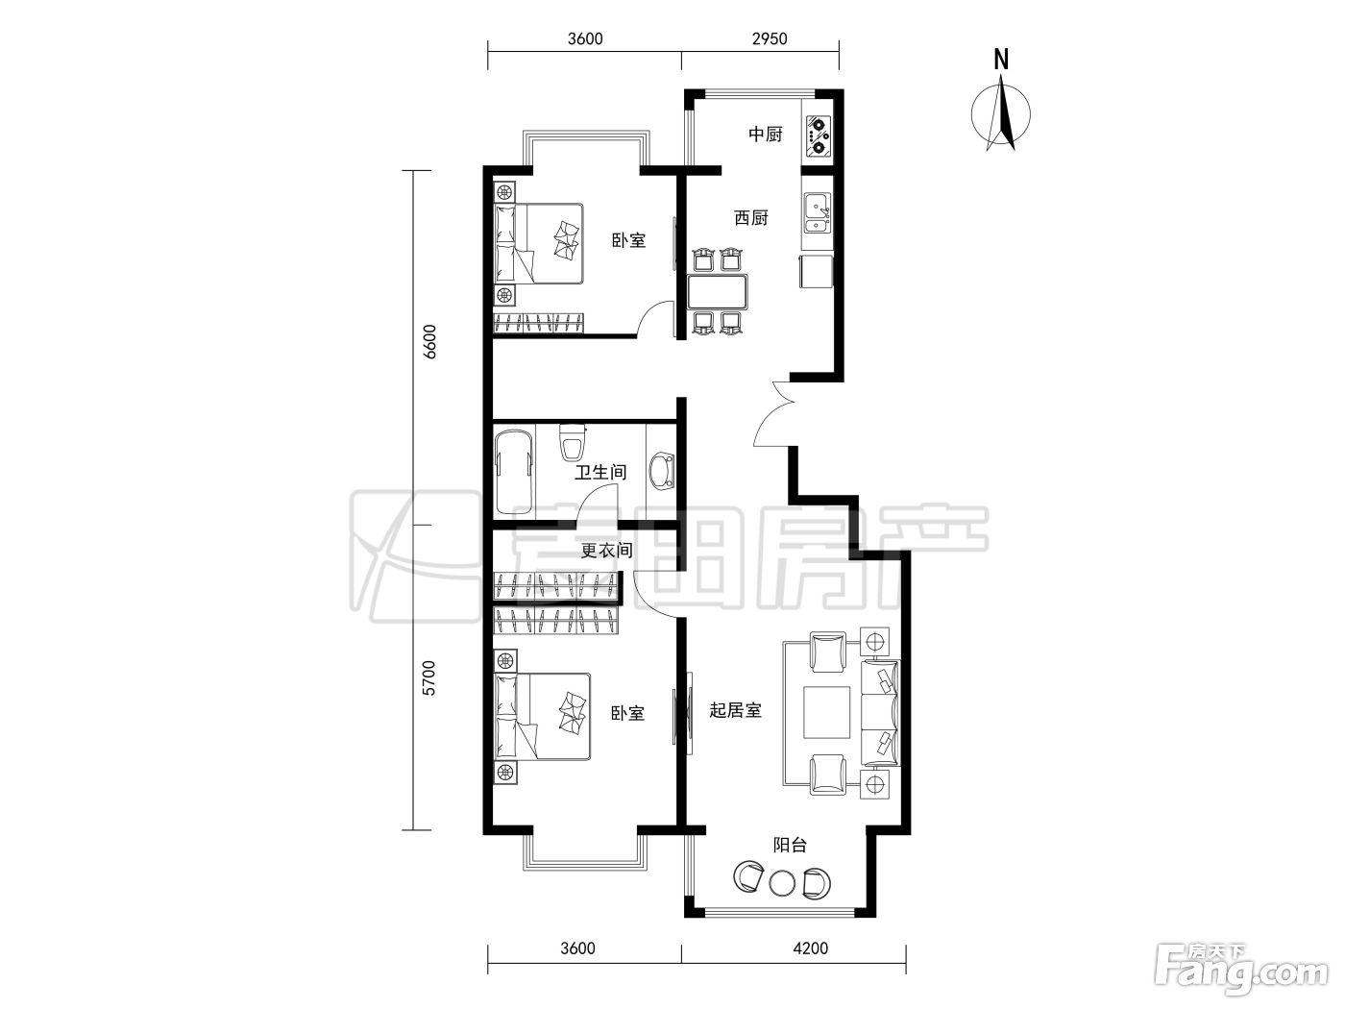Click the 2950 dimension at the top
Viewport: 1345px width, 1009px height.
pos(769,38)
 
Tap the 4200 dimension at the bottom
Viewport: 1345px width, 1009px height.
pos(810,947)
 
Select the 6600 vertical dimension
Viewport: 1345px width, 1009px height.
pos(430,341)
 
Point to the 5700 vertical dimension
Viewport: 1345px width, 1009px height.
pos(429,677)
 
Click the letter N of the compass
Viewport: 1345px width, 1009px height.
pos(1001,60)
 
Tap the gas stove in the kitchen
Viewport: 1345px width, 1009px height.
pos(818,138)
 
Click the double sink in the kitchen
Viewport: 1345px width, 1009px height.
pos(818,212)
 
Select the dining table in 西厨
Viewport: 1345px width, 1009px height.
pos(718,292)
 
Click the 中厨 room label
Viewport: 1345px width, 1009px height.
pos(766,134)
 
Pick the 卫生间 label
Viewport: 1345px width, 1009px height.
pos(600,473)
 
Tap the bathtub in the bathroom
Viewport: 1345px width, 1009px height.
pos(514,473)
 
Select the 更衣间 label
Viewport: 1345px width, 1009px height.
pos(606,550)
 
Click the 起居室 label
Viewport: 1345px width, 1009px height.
pos(735,710)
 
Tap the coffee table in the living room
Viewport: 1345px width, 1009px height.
pos(826,713)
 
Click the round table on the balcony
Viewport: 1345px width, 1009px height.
pos(782,883)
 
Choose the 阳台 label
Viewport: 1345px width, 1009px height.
pos(790,846)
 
